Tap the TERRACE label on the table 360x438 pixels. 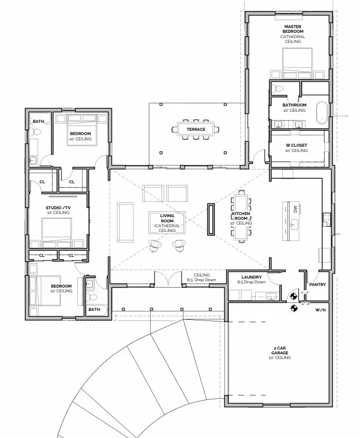click(195, 129)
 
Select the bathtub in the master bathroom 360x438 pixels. click(322, 113)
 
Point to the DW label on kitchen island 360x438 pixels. click(295, 210)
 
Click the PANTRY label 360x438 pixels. click(317, 284)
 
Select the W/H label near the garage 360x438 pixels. click(321, 309)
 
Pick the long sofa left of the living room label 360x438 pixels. click(125, 221)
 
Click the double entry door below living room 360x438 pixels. click(167, 279)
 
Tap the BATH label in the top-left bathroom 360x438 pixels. click(38, 121)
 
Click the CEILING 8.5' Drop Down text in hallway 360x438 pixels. click(201, 278)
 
